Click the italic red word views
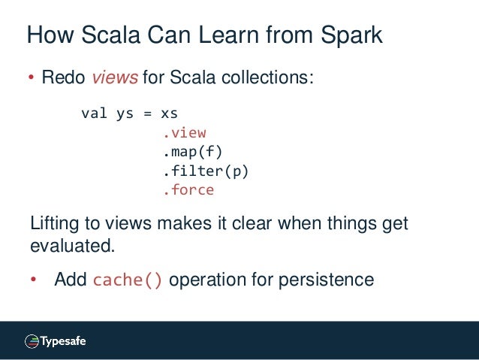point(110,78)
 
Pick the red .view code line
point(184,133)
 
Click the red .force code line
point(188,190)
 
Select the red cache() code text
point(128,280)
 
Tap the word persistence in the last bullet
point(326,280)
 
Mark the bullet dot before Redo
point(32,79)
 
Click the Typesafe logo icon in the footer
point(32,341)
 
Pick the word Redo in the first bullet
point(64,78)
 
